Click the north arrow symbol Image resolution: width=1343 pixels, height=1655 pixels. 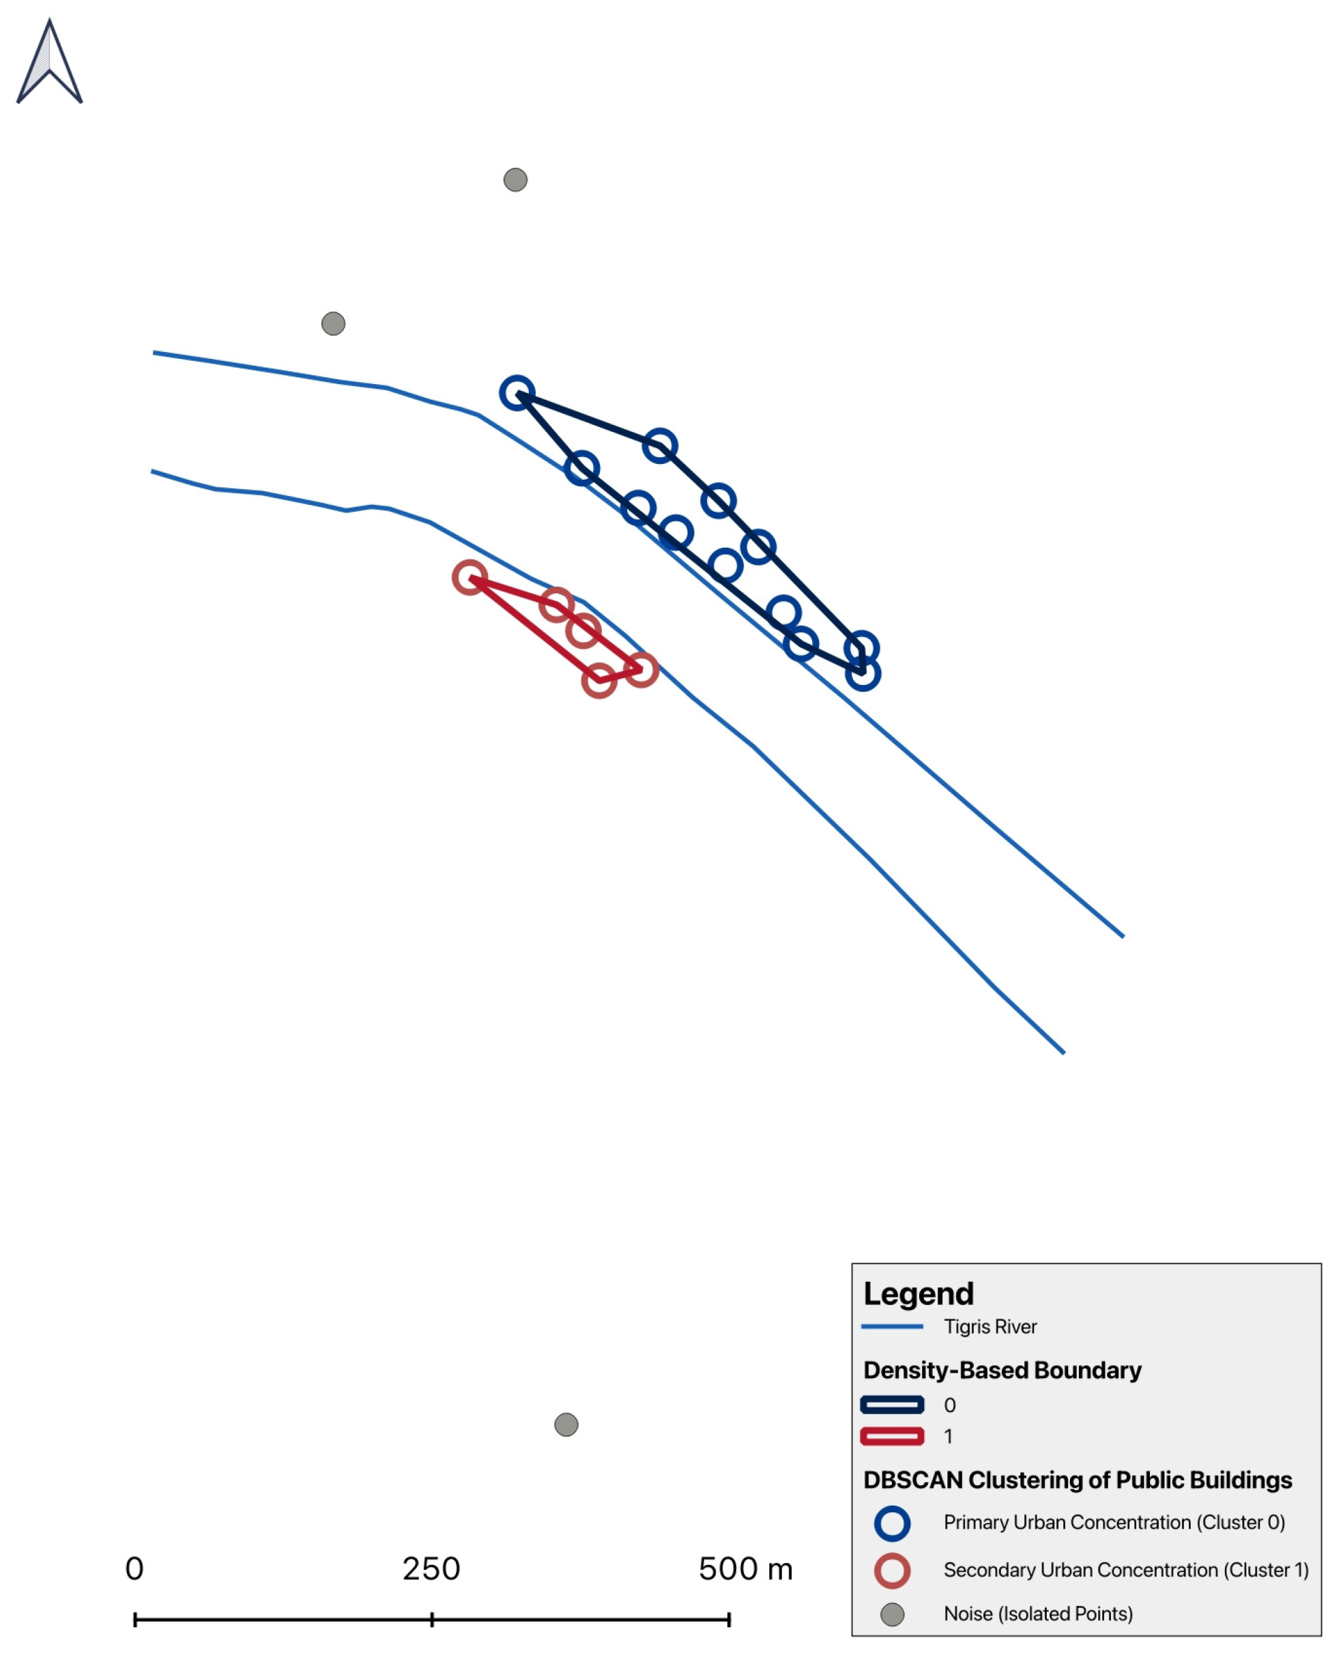(x=50, y=62)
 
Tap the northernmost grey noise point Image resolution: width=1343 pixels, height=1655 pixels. (x=515, y=180)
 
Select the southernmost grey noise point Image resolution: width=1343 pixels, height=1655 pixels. (x=566, y=1424)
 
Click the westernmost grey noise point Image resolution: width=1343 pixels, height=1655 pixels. (x=334, y=323)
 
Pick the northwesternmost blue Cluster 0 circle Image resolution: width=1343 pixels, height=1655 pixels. (x=517, y=393)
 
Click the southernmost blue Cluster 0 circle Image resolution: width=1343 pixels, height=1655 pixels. (x=863, y=673)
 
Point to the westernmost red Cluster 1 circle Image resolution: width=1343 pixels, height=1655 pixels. (x=470, y=578)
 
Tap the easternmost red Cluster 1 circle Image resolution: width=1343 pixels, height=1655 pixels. (x=641, y=670)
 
